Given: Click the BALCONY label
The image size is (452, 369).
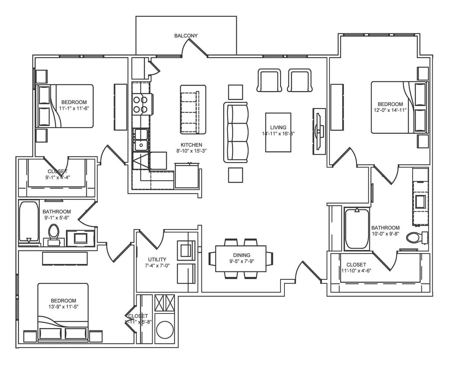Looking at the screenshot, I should (186, 35).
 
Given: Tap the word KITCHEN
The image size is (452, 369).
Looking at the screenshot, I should (192, 145).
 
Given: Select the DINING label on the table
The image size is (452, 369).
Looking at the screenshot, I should (242, 255).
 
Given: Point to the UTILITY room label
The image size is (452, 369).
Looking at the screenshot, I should (157, 260).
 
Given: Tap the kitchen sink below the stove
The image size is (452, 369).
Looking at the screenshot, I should (141, 139).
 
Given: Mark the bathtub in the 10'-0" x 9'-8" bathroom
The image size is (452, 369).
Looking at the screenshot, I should (357, 229).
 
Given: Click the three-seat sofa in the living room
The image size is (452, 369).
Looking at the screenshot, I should (236, 132).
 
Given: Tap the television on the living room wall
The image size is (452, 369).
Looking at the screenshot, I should (319, 131).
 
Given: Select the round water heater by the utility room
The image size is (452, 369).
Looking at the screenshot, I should (165, 330).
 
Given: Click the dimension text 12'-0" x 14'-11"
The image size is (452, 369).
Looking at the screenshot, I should (390, 110).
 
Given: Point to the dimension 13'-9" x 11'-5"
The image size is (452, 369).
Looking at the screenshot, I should (63, 307).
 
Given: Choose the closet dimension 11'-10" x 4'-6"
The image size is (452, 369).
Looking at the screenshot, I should (356, 271).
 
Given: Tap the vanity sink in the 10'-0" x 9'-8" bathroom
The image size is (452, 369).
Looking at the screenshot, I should (420, 202).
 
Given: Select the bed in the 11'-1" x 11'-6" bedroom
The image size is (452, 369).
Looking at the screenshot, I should (66, 106).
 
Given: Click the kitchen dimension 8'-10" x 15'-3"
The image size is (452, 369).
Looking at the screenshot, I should (192, 151).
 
